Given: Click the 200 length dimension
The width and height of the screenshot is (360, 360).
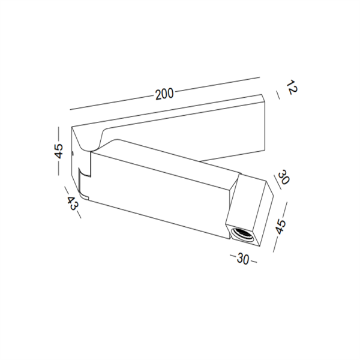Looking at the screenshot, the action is pyautogui.click(x=164, y=94).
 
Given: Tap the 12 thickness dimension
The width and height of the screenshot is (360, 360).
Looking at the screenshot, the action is pyautogui.click(x=292, y=87).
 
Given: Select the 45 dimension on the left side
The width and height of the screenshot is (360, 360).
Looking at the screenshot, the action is pyautogui.click(x=59, y=151).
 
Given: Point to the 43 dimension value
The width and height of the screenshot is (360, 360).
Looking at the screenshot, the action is pyautogui.click(x=73, y=203).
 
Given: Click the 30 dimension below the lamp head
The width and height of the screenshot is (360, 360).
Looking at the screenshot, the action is pyautogui.click(x=243, y=259).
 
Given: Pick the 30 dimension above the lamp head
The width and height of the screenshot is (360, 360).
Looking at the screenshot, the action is pyautogui.click(x=284, y=177).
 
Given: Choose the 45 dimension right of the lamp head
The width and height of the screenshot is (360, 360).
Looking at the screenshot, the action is pyautogui.click(x=281, y=227).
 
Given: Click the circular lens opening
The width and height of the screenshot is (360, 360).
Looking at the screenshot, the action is pyautogui.click(x=242, y=235).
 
